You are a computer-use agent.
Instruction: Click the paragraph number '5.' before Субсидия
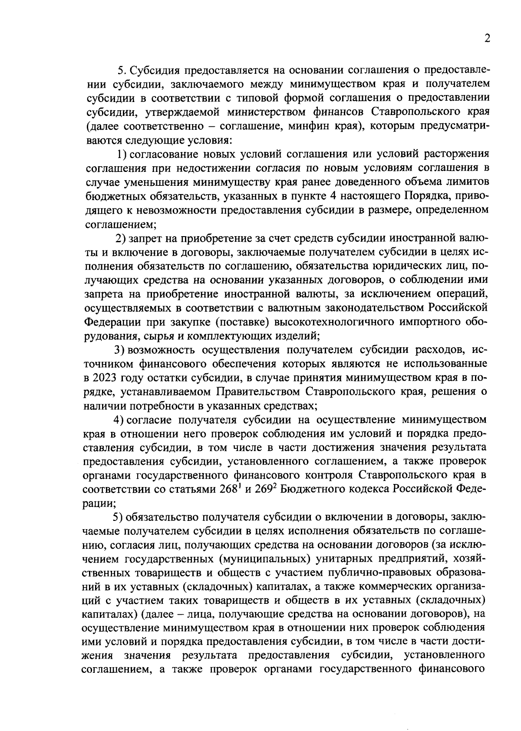(122, 70)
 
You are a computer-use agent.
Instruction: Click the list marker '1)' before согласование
(122, 154)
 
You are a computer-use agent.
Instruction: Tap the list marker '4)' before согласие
(119, 420)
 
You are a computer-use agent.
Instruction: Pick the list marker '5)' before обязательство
(119, 517)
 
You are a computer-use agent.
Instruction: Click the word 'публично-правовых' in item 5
(362, 573)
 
